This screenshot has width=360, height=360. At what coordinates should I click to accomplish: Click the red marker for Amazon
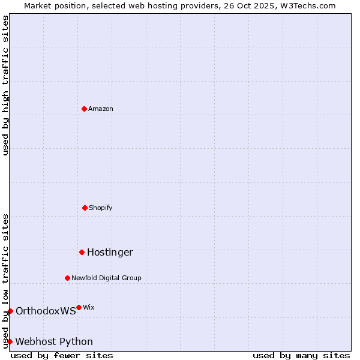[x=84, y=109]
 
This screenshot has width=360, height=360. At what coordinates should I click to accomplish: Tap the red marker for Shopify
[x=85, y=208]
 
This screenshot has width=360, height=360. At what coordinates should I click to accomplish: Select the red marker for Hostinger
[x=82, y=252]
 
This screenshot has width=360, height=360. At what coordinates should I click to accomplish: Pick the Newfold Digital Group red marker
[x=67, y=278]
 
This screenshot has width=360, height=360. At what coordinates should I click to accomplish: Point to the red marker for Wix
[x=79, y=307]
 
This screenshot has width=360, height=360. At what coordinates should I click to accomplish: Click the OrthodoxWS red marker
[x=10, y=311]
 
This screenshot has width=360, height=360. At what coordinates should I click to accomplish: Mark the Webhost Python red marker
[x=10, y=341]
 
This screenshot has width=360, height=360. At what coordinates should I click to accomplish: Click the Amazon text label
[x=101, y=109]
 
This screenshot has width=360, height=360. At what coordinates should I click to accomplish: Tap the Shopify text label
[x=101, y=208]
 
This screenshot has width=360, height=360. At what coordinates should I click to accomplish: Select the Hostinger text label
[x=110, y=252]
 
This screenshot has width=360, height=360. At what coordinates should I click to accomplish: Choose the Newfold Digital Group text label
[x=106, y=278]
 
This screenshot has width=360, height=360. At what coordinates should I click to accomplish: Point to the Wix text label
[x=88, y=307]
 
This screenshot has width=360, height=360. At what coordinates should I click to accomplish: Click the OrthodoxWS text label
[x=46, y=311]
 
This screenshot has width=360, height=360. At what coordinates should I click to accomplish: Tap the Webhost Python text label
[x=54, y=341]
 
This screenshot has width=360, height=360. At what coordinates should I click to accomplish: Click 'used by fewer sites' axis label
[x=62, y=355]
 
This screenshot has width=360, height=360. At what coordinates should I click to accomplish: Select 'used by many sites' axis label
[x=301, y=355]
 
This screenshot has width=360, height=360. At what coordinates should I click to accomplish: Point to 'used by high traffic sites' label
[x=5, y=85]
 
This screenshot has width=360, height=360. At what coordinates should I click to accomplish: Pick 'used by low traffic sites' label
[x=5, y=281]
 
